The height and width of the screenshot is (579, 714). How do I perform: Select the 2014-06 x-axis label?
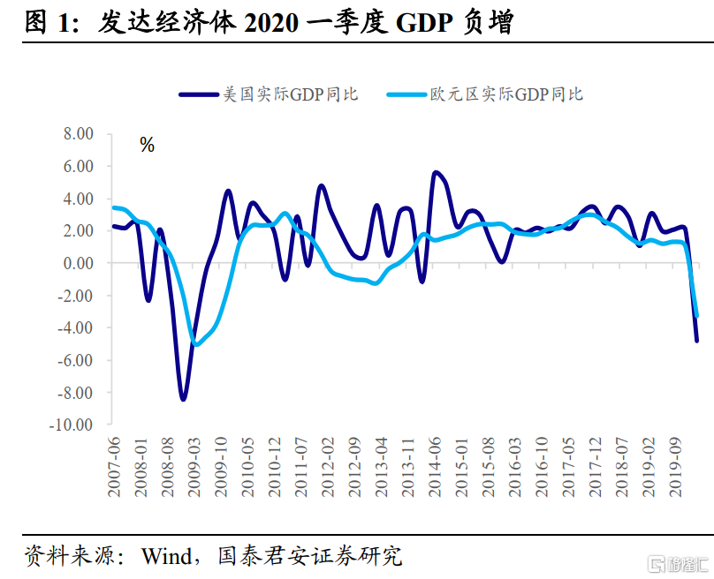pyautogui.click(x=436, y=467)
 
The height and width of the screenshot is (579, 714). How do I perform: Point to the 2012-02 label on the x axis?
pyautogui.click(x=329, y=467)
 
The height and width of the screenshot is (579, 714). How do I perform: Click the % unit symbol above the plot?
pyautogui.click(x=148, y=146)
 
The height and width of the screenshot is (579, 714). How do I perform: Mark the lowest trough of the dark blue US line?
pyautogui.click(x=183, y=399)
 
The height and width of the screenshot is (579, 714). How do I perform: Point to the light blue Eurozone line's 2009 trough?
pyautogui.click(x=196, y=344)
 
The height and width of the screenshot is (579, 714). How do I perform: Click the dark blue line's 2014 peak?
pyautogui.click(x=436, y=173)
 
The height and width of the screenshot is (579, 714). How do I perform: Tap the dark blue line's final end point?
pyautogui.click(x=696, y=340)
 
